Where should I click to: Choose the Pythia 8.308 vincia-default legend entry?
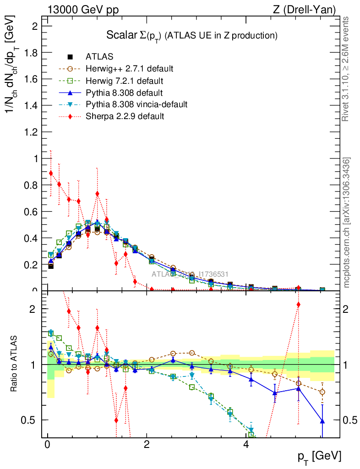coord(136,104)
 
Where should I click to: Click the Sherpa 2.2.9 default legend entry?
coord(125,116)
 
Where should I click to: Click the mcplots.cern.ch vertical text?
coord(347,223)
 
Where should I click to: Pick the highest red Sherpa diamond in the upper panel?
coord(51,173)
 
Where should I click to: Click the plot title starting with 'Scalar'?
coord(192,35)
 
